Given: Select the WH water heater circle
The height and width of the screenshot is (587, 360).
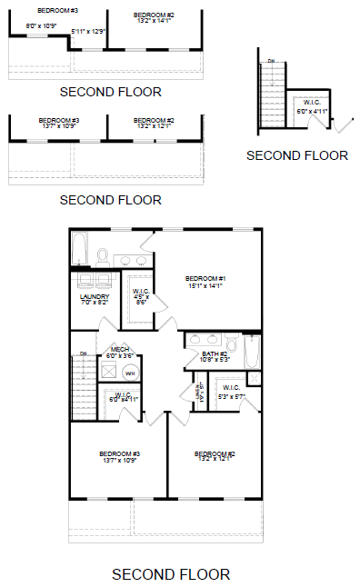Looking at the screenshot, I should pos(129,373).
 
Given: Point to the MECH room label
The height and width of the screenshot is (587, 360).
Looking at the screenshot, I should pos(120,351).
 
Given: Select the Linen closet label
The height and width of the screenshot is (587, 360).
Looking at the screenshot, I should pos(198,392).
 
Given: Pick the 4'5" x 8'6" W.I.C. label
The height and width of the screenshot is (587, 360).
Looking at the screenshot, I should pos(141,294).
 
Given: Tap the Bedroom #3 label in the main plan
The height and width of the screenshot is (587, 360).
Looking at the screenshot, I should pos(120,456).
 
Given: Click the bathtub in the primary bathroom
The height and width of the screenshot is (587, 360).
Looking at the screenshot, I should pos(79,247).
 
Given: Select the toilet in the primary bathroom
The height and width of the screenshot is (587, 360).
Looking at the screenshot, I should pos(103,255).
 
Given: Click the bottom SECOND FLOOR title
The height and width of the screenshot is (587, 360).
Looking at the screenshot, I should pos(171,574).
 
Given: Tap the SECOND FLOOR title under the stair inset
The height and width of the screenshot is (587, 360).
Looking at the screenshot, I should pos(297,155).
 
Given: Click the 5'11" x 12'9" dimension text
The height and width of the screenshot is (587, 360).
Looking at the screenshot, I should pos(88,31).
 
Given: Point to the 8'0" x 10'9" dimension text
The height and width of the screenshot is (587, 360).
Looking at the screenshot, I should pos(40,25).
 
